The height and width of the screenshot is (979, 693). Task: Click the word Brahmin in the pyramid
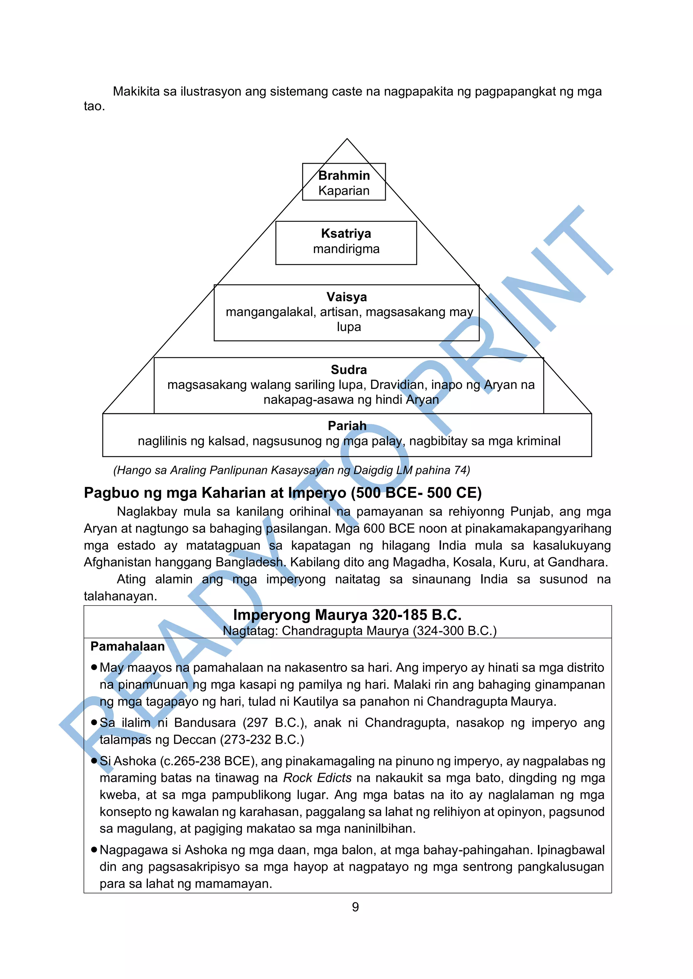(x=344, y=175)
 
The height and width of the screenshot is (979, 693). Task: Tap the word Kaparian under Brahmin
(x=344, y=191)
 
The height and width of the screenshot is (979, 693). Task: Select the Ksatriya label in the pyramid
(x=346, y=233)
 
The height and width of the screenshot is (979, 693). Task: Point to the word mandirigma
(x=346, y=249)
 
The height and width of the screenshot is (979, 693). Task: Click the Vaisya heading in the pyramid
(x=346, y=297)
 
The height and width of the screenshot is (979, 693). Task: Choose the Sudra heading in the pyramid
(x=349, y=370)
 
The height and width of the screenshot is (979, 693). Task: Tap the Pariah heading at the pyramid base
(x=347, y=425)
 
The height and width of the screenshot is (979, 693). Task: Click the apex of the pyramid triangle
(x=347, y=139)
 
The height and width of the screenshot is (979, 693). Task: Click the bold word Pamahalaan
(x=127, y=647)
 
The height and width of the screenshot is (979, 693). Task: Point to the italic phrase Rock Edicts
(x=317, y=778)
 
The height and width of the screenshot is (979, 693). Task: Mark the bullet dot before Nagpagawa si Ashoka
(x=94, y=849)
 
